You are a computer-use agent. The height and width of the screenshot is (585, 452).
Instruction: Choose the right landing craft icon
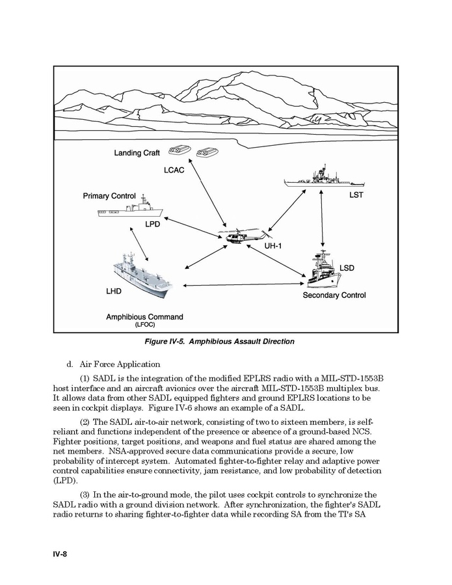click(207, 151)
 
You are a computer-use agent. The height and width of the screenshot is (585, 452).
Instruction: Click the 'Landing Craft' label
click(137, 153)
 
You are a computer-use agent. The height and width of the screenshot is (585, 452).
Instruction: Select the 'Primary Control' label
click(109, 196)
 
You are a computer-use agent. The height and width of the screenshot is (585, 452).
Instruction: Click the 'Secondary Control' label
click(334, 295)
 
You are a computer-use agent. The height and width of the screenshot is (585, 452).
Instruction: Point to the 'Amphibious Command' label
click(144, 317)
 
